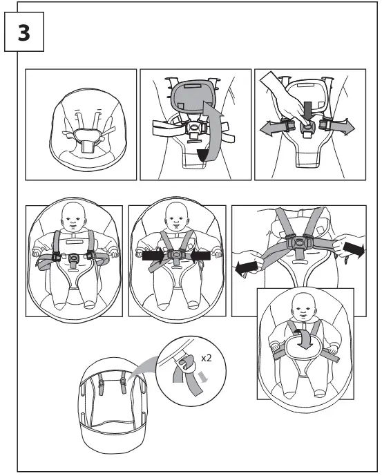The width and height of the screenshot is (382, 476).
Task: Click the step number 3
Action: (x=24, y=32)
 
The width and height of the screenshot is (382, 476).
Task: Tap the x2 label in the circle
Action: (x=206, y=359)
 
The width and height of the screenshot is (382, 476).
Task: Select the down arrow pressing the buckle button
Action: (x=308, y=111)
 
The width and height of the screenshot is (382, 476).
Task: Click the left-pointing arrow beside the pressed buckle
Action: (x=272, y=127)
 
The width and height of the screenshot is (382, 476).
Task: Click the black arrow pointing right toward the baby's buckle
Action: (x=153, y=256)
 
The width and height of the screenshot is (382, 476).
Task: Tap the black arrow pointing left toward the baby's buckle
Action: (x=200, y=256)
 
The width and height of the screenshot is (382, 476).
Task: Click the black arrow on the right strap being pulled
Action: (x=354, y=251)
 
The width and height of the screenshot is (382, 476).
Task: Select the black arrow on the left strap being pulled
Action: (x=247, y=269)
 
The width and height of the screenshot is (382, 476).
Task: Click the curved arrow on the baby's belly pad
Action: (x=305, y=339)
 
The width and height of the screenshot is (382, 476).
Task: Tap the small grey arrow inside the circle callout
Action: (x=204, y=377)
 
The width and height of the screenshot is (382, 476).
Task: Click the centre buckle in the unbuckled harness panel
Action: (x=73, y=259)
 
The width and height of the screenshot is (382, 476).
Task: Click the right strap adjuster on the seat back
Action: (x=123, y=382)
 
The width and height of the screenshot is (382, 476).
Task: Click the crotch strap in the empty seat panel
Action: (x=88, y=147)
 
